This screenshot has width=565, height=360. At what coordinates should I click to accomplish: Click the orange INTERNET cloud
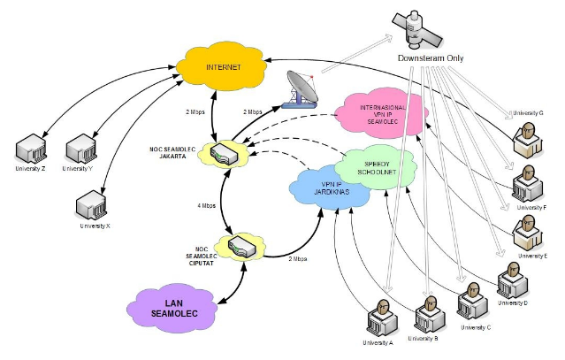222,66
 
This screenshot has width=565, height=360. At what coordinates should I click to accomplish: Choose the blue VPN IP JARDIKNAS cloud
324,186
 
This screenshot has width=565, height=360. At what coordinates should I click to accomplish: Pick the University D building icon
512,281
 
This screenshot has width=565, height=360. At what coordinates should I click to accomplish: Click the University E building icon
531,231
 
